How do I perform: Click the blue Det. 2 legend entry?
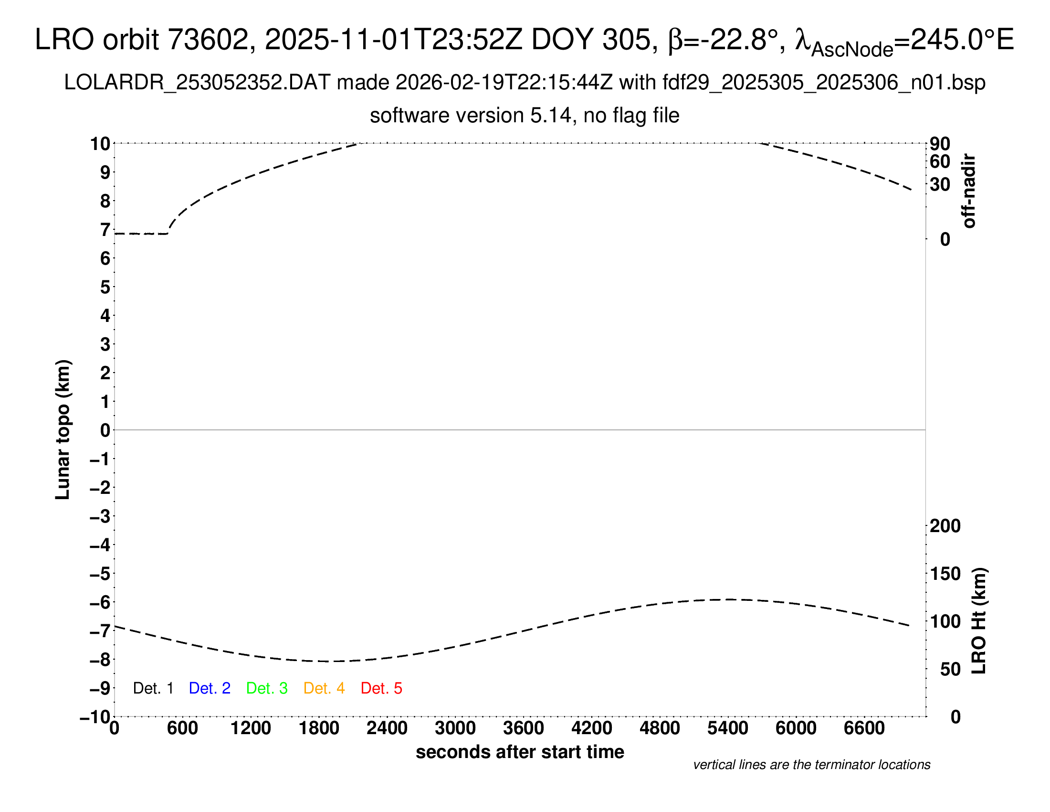[x=210, y=688]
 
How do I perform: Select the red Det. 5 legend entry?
[x=381, y=688]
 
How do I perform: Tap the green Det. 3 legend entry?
[x=267, y=688]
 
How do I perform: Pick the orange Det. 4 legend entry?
[x=324, y=688]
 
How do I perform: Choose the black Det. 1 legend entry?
[x=153, y=688]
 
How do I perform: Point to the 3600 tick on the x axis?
[x=524, y=728]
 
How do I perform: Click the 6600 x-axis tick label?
[x=864, y=728]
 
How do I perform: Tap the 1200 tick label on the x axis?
[x=251, y=728]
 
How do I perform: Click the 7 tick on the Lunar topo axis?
[x=105, y=230]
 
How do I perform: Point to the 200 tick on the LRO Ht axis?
[x=945, y=526]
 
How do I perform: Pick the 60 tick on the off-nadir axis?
[x=940, y=161]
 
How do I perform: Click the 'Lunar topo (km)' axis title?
[x=63, y=429]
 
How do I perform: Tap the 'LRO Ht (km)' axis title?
[x=979, y=621]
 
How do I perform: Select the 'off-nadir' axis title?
[x=969, y=191]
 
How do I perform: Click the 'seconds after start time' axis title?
[x=520, y=752]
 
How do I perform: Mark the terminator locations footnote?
[x=811, y=765]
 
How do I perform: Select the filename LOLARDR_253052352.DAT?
[x=197, y=83]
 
